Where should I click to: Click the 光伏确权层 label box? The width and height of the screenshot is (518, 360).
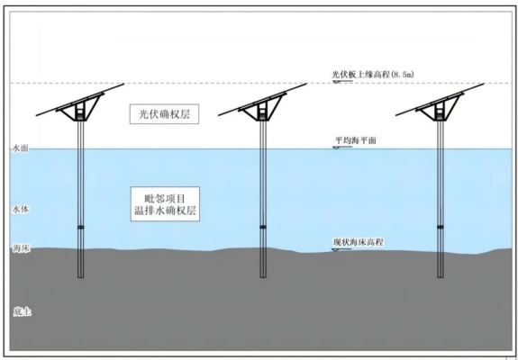[x=164, y=114]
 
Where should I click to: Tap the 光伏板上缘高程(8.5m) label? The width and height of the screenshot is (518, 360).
[x=373, y=74]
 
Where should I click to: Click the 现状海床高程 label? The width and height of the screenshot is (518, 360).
[x=359, y=242]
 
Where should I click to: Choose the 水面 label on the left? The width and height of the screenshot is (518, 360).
[x=21, y=148]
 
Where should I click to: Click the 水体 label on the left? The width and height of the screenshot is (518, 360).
[x=21, y=209]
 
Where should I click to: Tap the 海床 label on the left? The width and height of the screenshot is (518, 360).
[x=22, y=248]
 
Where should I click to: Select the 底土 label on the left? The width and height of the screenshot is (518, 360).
[x=23, y=311]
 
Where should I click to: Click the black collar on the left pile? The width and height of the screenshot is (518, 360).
[x=80, y=227]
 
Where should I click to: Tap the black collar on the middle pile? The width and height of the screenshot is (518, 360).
[x=263, y=227]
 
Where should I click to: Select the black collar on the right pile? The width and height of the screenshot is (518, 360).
[x=441, y=227]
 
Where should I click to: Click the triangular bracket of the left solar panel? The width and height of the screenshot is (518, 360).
[x=80, y=108]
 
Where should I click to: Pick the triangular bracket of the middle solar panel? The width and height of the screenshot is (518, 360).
[x=263, y=108]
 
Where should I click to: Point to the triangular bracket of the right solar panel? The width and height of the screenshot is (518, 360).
[x=440, y=108]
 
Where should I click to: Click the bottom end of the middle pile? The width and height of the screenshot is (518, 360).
[x=263, y=277]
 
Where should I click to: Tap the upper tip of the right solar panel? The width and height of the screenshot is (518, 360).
[x=484, y=84]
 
